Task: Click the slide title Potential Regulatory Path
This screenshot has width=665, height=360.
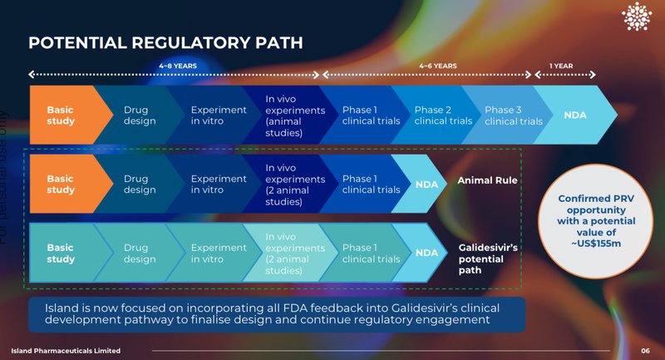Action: tap(165, 42)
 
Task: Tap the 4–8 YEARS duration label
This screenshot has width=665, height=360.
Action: tap(178, 66)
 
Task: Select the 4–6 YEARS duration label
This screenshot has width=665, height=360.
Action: tap(437, 66)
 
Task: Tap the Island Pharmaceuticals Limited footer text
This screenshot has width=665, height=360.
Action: tap(66, 351)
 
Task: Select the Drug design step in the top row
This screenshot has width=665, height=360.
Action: tap(140, 116)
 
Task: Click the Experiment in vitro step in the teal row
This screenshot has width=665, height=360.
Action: tap(219, 254)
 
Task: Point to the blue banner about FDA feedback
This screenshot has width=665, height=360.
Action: tap(277, 313)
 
